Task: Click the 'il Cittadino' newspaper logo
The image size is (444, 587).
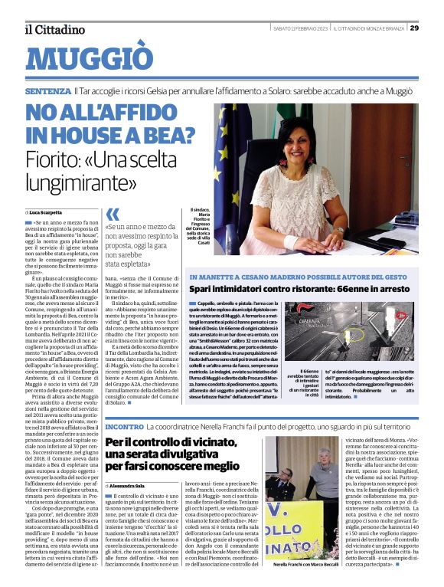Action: [x=55, y=29]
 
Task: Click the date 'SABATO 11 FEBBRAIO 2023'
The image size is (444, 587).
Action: [x=301, y=28]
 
